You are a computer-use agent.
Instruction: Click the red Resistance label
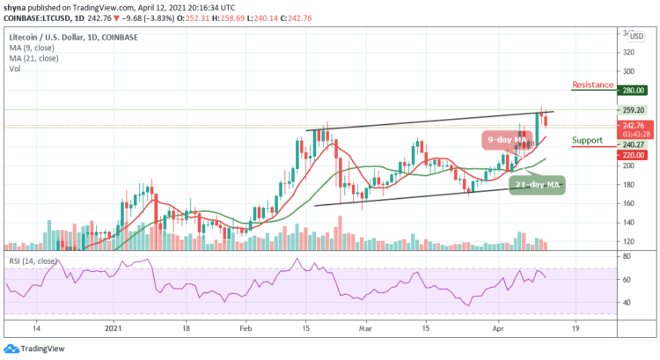tap(591, 85)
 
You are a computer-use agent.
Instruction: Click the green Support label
tap(588, 140)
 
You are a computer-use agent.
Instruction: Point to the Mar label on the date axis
tap(363, 327)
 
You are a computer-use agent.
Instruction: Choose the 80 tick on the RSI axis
tap(628, 256)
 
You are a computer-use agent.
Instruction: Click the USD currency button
tap(636, 35)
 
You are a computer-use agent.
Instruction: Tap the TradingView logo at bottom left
tap(34, 349)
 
